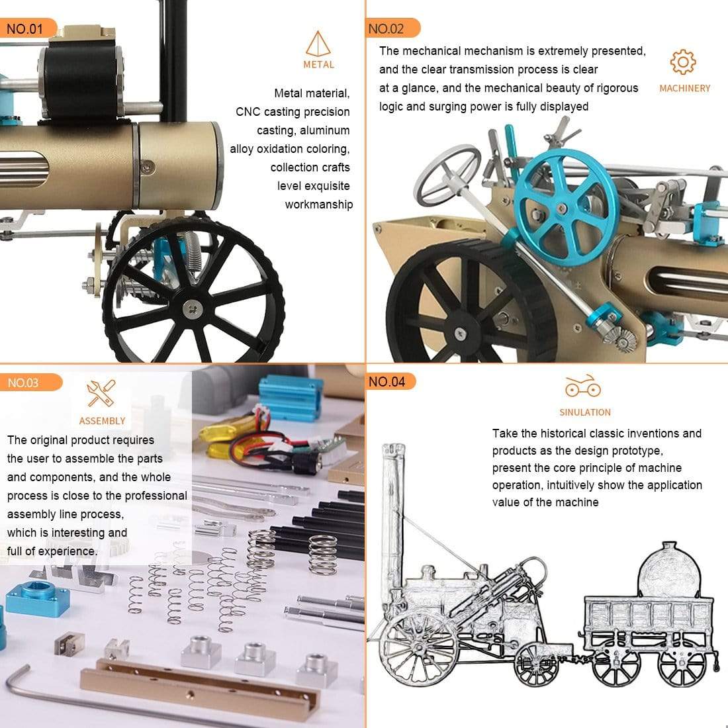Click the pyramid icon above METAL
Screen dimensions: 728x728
[318, 44]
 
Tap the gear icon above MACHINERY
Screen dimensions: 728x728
[682, 62]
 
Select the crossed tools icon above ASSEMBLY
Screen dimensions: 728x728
[101, 393]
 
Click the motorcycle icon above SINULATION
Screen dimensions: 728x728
[583, 387]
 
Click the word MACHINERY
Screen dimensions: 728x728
[684, 88]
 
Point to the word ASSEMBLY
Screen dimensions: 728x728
[102, 421]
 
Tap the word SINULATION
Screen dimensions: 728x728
[585, 412]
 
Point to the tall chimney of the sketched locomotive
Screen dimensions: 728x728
[393, 503]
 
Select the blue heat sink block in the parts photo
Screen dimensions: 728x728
[292, 398]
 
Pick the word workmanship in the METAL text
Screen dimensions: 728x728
[318, 205]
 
